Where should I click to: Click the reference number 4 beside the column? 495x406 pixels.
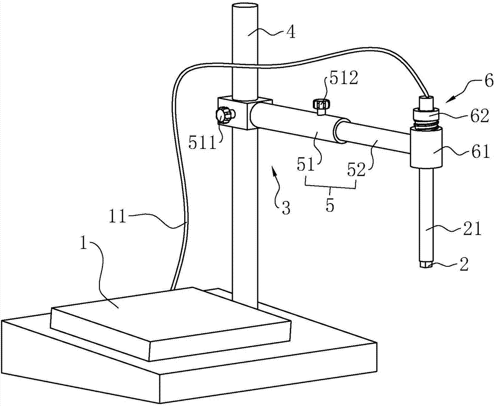(x=291, y=32)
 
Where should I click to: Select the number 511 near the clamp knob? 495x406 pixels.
(x=202, y=143)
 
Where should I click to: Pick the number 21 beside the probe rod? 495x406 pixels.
(x=473, y=229)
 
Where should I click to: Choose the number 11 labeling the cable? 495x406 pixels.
(x=118, y=217)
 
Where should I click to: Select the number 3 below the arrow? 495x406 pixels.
(x=286, y=208)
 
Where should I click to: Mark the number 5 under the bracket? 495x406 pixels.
(x=330, y=204)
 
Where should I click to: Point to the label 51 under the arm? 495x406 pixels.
(x=306, y=165)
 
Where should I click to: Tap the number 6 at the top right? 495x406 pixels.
(x=489, y=81)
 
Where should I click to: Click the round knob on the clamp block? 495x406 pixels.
(x=224, y=115)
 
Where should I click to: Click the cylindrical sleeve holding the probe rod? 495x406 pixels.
(x=426, y=147)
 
